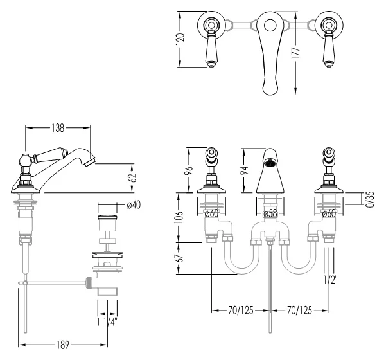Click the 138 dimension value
click(x=58, y=128)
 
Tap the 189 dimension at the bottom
click(x=63, y=345)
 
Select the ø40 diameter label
click(x=134, y=205)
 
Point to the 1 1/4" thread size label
click(x=107, y=322)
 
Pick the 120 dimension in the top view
click(x=180, y=39)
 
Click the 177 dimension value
click(x=295, y=53)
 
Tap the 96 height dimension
click(x=189, y=170)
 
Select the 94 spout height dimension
click(x=244, y=170)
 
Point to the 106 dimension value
click(x=179, y=217)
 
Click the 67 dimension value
click(x=180, y=258)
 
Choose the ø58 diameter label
click(x=270, y=214)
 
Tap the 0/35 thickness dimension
click(x=370, y=199)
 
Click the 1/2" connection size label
click(x=330, y=280)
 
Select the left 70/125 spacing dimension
click(x=241, y=310)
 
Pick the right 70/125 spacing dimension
click(x=299, y=310)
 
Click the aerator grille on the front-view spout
click(x=270, y=163)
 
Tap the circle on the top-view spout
click(x=270, y=25)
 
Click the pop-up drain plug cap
click(x=107, y=217)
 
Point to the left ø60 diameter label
click(x=212, y=213)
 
